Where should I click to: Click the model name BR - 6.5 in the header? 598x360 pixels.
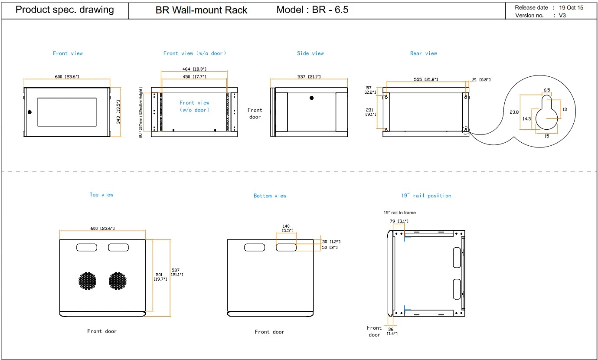click(x=330, y=10)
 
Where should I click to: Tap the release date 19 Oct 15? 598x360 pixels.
click(x=571, y=7)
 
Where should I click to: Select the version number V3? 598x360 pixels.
click(x=562, y=16)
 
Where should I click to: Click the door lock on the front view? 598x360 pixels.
click(x=29, y=112)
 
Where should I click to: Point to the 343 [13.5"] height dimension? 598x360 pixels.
click(x=118, y=112)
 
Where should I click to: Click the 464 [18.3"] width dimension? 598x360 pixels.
click(x=194, y=69)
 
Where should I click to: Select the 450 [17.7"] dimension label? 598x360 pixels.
click(x=194, y=77)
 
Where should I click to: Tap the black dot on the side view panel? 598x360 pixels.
click(x=311, y=98)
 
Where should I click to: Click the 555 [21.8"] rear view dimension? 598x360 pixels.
click(x=426, y=79)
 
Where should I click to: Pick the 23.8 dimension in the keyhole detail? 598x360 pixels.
click(x=514, y=112)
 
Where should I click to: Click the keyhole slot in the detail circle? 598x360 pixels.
click(x=546, y=113)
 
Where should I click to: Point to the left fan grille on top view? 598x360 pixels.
click(x=87, y=281)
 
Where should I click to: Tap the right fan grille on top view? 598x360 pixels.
click(x=118, y=281)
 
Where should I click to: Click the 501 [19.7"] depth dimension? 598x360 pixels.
click(x=160, y=277)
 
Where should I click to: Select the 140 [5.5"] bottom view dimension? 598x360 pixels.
click(x=287, y=228)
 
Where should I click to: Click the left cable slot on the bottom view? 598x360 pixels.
click(x=255, y=248)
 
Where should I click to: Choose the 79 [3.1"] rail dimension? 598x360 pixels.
click(x=399, y=221)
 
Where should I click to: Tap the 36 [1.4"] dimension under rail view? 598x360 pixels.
click(x=392, y=331)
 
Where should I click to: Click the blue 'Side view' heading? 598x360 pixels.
click(x=310, y=53)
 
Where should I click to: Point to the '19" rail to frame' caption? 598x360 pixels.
click(x=400, y=213)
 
